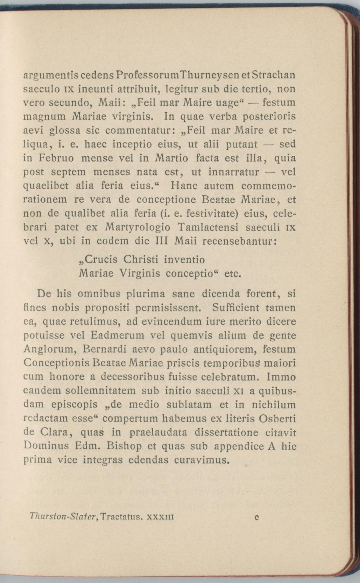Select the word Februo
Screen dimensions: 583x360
[x=56, y=158]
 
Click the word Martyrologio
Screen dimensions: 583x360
[x=137, y=228]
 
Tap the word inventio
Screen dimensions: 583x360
[x=184, y=259]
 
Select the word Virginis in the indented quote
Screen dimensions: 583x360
[x=139, y=273]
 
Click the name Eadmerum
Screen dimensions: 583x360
[x=118, y=335]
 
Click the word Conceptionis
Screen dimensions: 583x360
[x=56, y=363]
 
